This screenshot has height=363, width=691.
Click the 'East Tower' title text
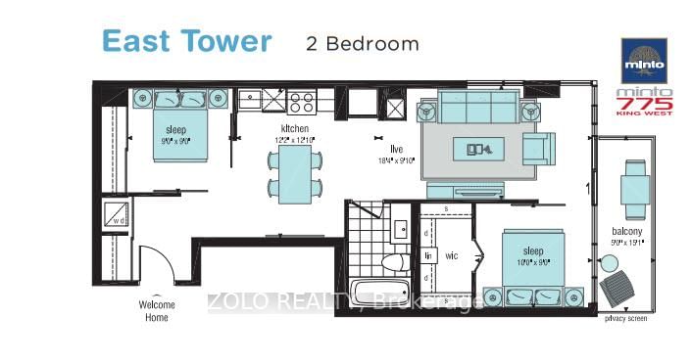[186, 41]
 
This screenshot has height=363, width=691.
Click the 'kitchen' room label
[295, 129]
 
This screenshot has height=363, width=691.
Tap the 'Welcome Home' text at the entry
[157, 310]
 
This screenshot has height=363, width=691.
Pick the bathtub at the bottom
[378, 295]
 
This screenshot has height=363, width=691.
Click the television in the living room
[479, 150]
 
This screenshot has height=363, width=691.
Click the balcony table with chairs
[633, 189]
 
